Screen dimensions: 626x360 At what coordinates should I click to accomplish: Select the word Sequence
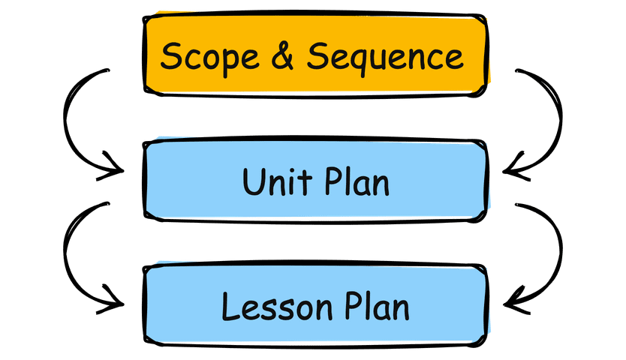click(x=384, y=57)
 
